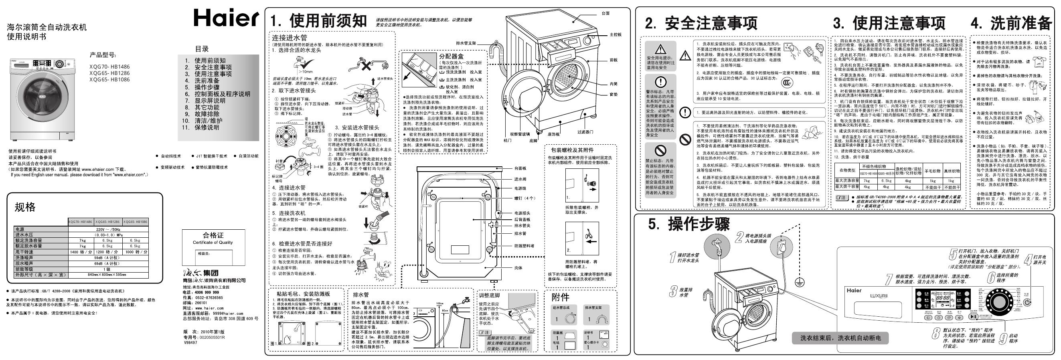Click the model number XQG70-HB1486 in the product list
(109, 67)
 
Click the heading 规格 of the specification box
(26, 207)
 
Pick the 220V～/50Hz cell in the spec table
(108, 229)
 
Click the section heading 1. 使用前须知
(318, 20)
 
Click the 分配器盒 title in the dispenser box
(451, 57)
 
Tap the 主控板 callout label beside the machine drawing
(616, 34)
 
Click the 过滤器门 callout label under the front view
(585, 132)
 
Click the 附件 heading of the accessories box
(560, 297)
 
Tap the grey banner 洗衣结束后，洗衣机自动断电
(840, 338)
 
